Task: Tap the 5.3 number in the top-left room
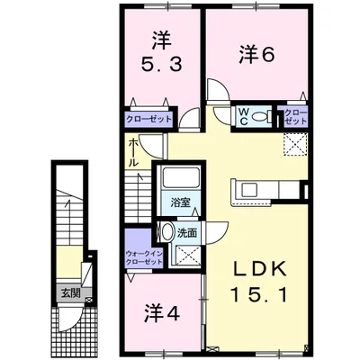pos(162,65)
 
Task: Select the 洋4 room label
pos(163,313)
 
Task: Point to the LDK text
pos(259,270)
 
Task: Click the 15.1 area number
pos(259,294)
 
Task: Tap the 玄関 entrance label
pos(71,293)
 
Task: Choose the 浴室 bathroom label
pos(180,203)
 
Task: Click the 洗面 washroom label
pos(186,233)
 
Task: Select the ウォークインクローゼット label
pos(145,257)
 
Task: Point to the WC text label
pos(243,117)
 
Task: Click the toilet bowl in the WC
pos(260,116)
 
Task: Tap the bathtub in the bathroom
pos(180,177)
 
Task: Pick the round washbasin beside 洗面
pos(166,231)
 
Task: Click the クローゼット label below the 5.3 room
pos(149,119)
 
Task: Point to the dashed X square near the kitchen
pos(295,144)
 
